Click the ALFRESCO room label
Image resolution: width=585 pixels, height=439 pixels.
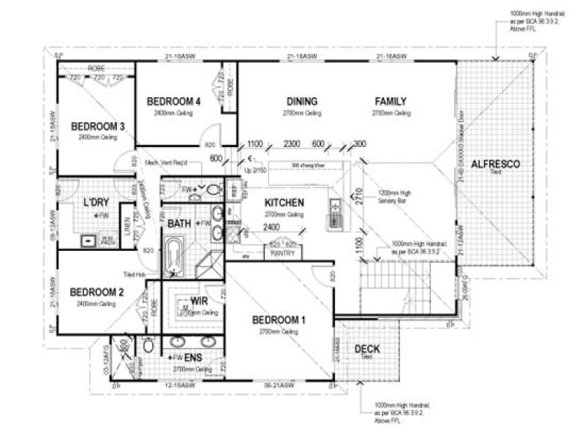point(495,164)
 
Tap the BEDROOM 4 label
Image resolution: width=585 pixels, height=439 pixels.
point(173,101)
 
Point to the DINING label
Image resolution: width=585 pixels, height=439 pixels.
point(301,101)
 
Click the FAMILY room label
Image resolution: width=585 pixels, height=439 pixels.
point(390,101)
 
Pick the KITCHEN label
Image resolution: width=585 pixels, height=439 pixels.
point(284,203)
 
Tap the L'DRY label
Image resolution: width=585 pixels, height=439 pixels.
point(96,202)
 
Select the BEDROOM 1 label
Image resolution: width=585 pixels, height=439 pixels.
point(277,320)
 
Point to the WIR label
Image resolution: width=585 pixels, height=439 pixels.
point(200,301)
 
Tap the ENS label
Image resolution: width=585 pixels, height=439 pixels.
point(193,357)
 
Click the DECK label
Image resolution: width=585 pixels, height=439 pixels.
point(366,349)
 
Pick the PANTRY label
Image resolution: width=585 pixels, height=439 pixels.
point(282,253)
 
